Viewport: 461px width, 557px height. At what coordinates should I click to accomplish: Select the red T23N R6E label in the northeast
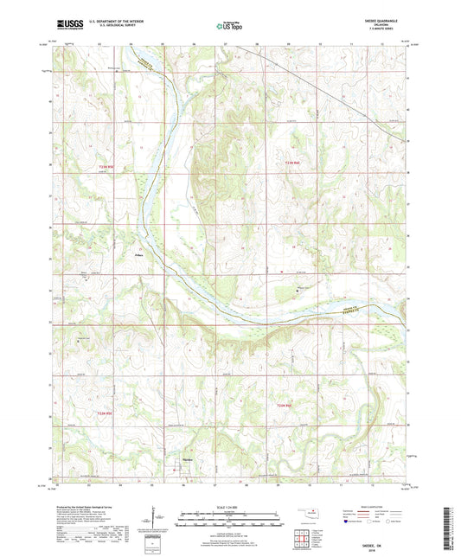293,163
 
